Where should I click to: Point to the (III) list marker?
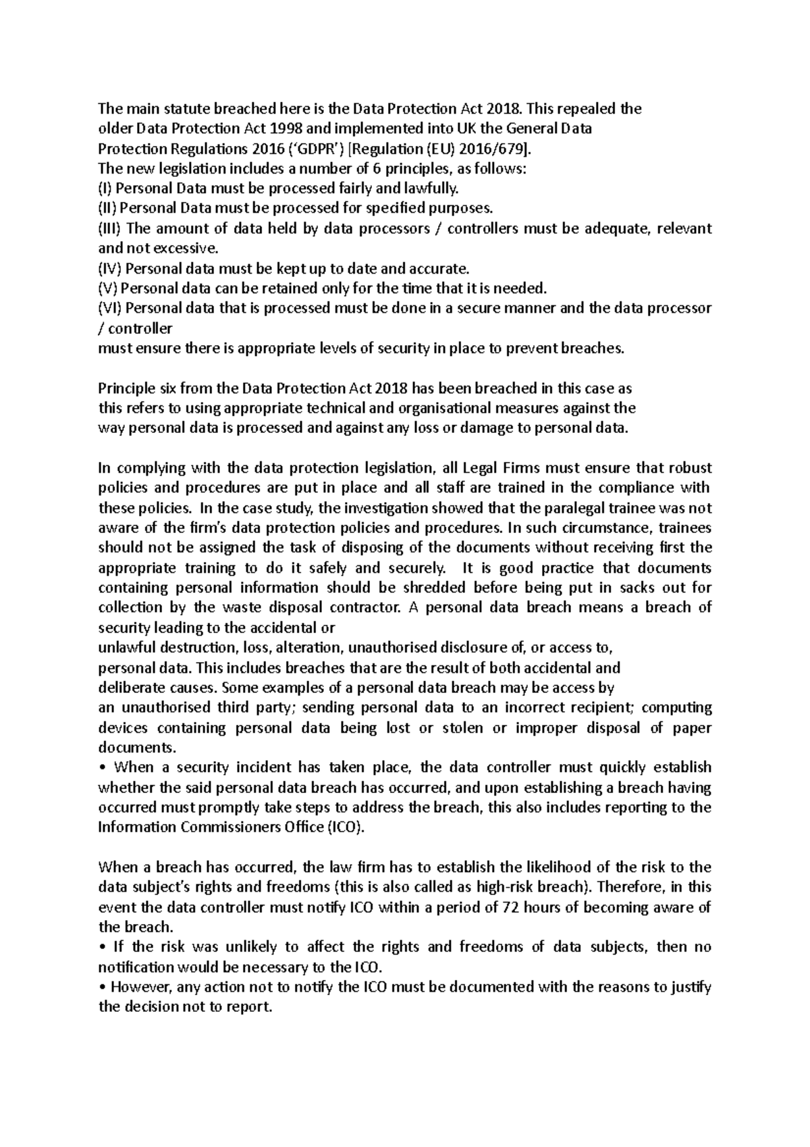pos(109,228)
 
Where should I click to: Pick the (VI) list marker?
pos(110,308)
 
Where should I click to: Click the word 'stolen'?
pos(462,728)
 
